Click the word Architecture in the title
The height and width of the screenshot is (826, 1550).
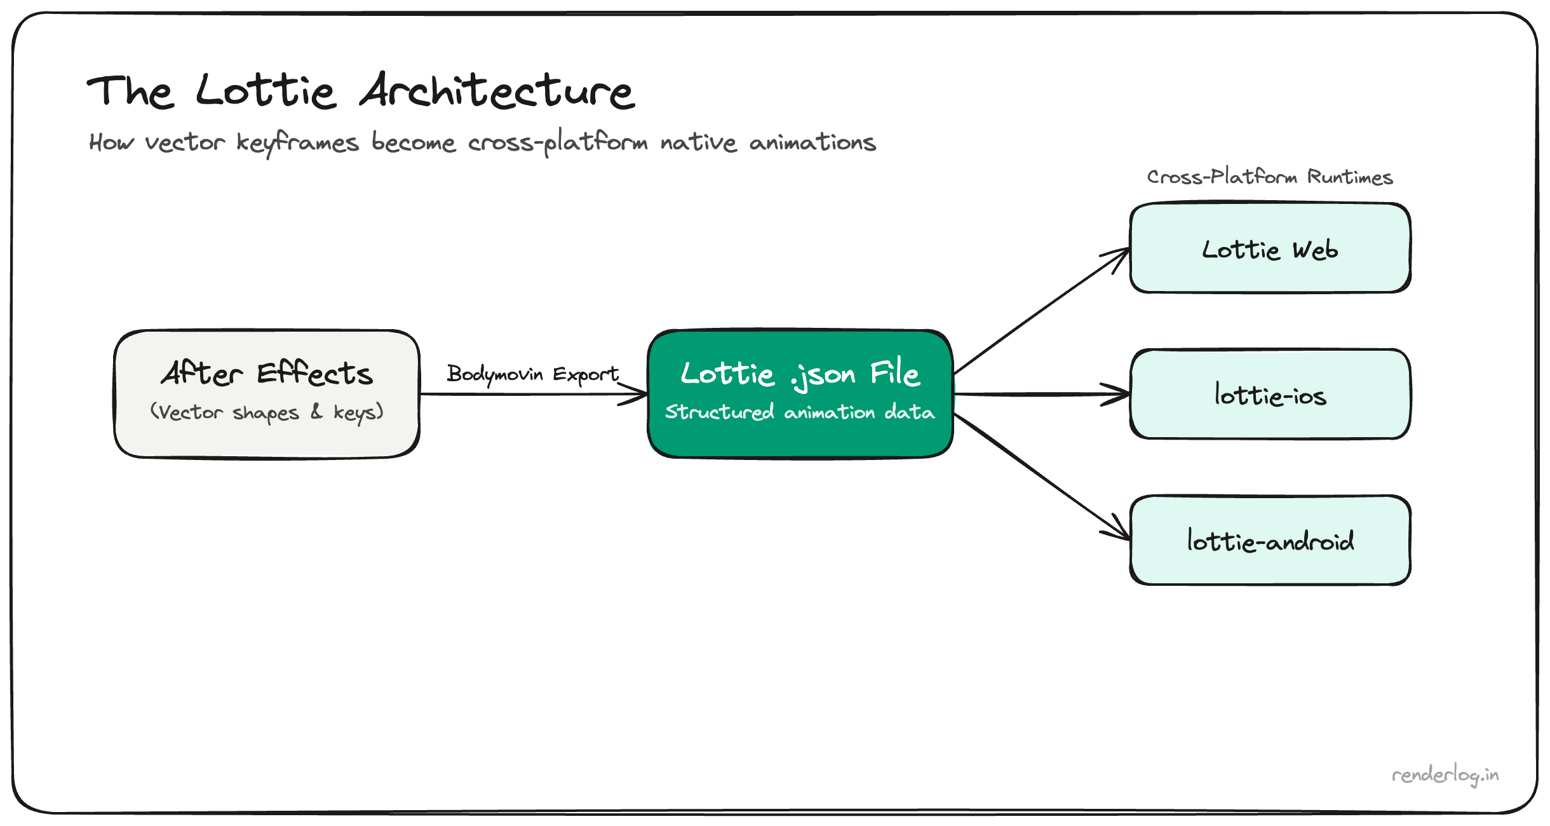(x=497, y=91)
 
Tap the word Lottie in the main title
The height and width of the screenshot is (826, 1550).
(x=266, y=91)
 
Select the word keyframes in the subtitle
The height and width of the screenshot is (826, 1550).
(x=297, y=142)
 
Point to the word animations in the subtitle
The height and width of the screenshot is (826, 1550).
(x=812, y=142)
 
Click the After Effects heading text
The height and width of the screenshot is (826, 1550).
(x=267, y=373)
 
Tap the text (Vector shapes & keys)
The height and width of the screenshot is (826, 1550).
(x=267, y=412)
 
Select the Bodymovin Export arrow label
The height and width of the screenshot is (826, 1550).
(x=532, y=374)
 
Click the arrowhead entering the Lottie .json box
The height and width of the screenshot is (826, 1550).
(x=638, y=395)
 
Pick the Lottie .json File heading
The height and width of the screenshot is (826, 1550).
(x=800, y=373)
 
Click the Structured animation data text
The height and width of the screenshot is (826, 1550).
(x=800, y=412)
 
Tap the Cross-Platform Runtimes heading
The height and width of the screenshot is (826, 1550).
(x=1269, y=177)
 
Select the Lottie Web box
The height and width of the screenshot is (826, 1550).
(x=1270, y=248)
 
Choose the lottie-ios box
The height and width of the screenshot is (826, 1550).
(x=1270, y=395)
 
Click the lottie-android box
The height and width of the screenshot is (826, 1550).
(x=1270, y=541)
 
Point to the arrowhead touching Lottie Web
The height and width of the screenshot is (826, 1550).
(x=1121, y=254)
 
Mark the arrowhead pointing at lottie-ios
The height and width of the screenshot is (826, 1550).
(x=1121, y=395)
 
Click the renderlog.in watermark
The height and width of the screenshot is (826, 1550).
(x=1445, y=775)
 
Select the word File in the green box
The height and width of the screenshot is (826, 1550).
(x=894, y=373)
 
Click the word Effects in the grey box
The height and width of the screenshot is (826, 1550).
(x=314, y=373)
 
